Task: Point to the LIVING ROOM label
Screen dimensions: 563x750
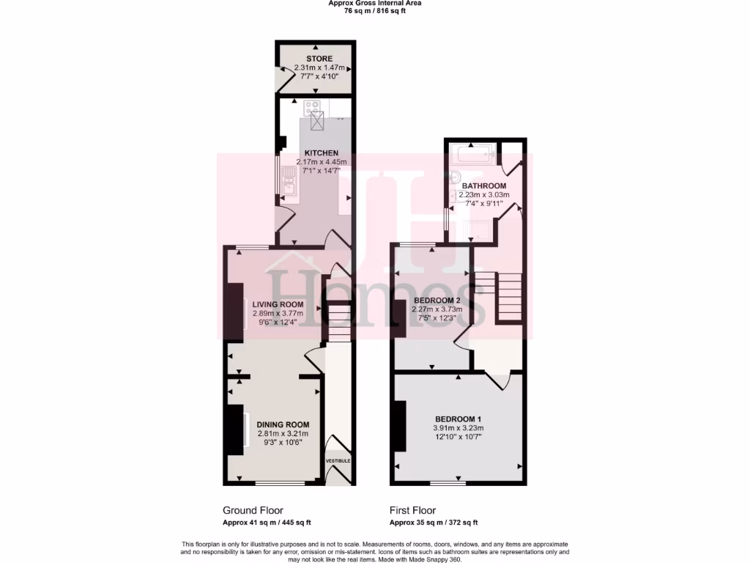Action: (278, 305)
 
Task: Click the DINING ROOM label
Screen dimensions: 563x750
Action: (283, 424)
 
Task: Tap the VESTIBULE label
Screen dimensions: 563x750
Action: (338, 460)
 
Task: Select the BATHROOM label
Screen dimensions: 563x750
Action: (483, 186)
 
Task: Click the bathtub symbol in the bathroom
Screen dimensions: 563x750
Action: (473, 155)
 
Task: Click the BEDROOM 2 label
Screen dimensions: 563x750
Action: (437, 301)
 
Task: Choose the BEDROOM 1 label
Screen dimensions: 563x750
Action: (458, 419)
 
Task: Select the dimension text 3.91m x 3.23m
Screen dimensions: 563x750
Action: (458, 427)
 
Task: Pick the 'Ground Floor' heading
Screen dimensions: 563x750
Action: (253, 510)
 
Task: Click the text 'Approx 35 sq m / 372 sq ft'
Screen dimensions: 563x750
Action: (434, 523)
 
